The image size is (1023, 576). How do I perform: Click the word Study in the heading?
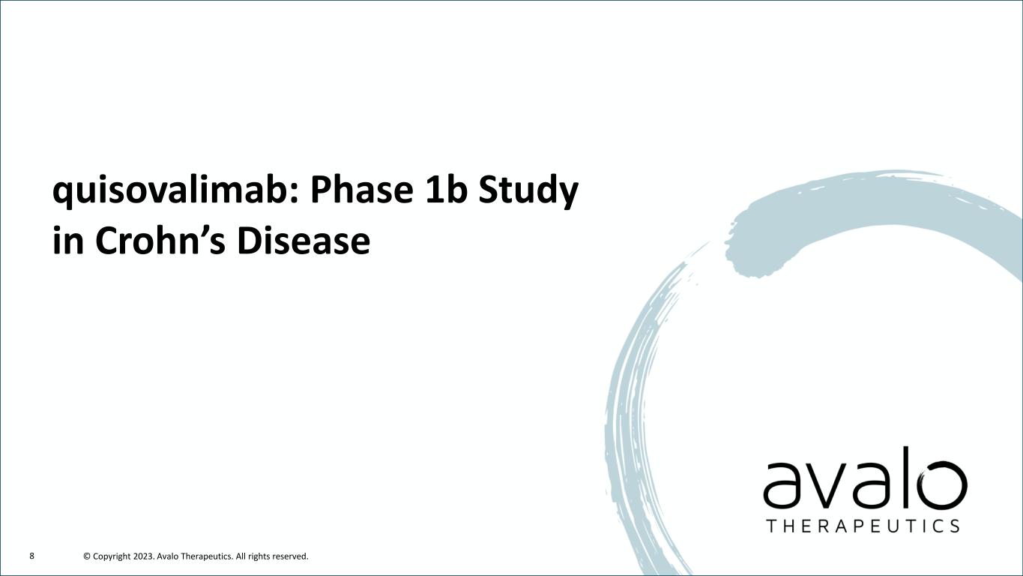528,191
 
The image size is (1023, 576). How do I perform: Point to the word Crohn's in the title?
160,240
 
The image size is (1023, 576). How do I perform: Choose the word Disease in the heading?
304,240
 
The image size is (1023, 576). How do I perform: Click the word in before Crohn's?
68,240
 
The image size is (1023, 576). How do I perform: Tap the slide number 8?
31,556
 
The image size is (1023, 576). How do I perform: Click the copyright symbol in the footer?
87,556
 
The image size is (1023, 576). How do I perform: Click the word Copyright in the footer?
112,556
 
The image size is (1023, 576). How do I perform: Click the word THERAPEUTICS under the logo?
863,526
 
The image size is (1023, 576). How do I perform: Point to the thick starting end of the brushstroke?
749,256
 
